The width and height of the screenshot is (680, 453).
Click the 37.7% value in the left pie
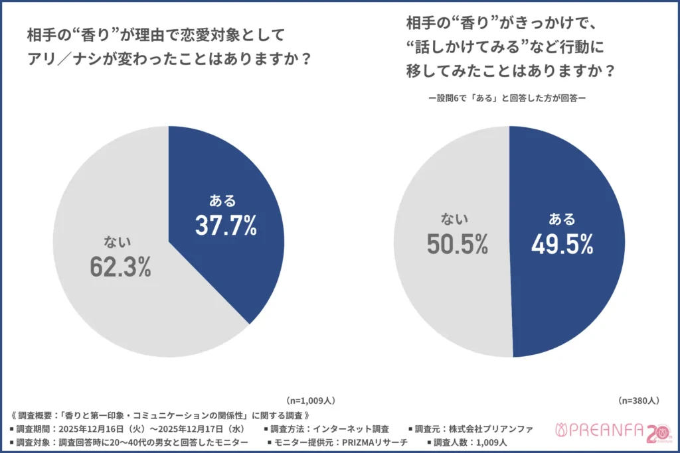[226, 226]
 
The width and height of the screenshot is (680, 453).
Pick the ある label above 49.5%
[562, 220]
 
